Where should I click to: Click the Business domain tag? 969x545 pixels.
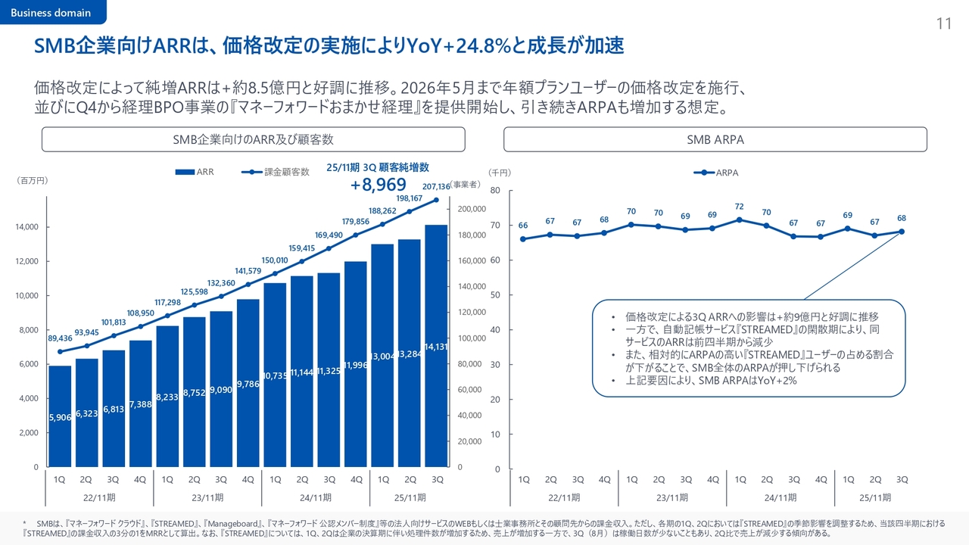51,12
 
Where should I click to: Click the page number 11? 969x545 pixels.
943,24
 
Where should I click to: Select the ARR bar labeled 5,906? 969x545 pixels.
60,416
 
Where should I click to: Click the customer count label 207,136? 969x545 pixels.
436,186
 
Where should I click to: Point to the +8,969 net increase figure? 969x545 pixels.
378,185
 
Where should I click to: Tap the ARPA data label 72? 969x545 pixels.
739,206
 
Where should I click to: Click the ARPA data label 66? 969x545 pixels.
522,226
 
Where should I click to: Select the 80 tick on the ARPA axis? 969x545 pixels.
495,191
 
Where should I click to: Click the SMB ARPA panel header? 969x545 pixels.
715,140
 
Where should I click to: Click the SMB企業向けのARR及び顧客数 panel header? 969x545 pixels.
253,140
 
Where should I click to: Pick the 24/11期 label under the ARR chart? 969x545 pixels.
315,497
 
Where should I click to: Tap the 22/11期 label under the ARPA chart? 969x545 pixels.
564,497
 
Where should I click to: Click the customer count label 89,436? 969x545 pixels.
60,338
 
